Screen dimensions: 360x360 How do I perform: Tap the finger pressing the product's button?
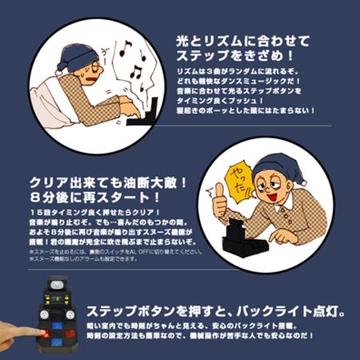pyautogui.click(x=12, y=331)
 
